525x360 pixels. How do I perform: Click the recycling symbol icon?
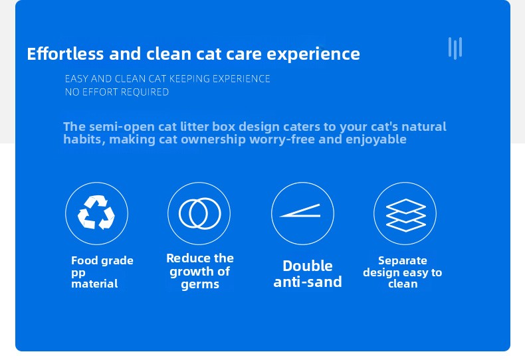(96, 213)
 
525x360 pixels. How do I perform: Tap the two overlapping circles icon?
(199, 213)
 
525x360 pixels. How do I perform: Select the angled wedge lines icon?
(302, 213)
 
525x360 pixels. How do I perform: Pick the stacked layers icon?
(405, 214)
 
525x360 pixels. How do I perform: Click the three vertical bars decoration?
(455, 48)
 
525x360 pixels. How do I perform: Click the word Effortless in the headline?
(66, 54)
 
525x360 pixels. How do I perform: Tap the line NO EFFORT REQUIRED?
(116, 92)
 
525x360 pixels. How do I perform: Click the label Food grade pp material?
(102, 272)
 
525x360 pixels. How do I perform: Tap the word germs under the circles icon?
(200, 285)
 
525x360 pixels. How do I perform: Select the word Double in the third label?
(307, 266)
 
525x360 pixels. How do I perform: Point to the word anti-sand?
(307, 282)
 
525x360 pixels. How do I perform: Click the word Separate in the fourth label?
(402, 260)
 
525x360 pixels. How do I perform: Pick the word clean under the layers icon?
(403, 284)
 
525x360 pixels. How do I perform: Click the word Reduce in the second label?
(184, 258)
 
